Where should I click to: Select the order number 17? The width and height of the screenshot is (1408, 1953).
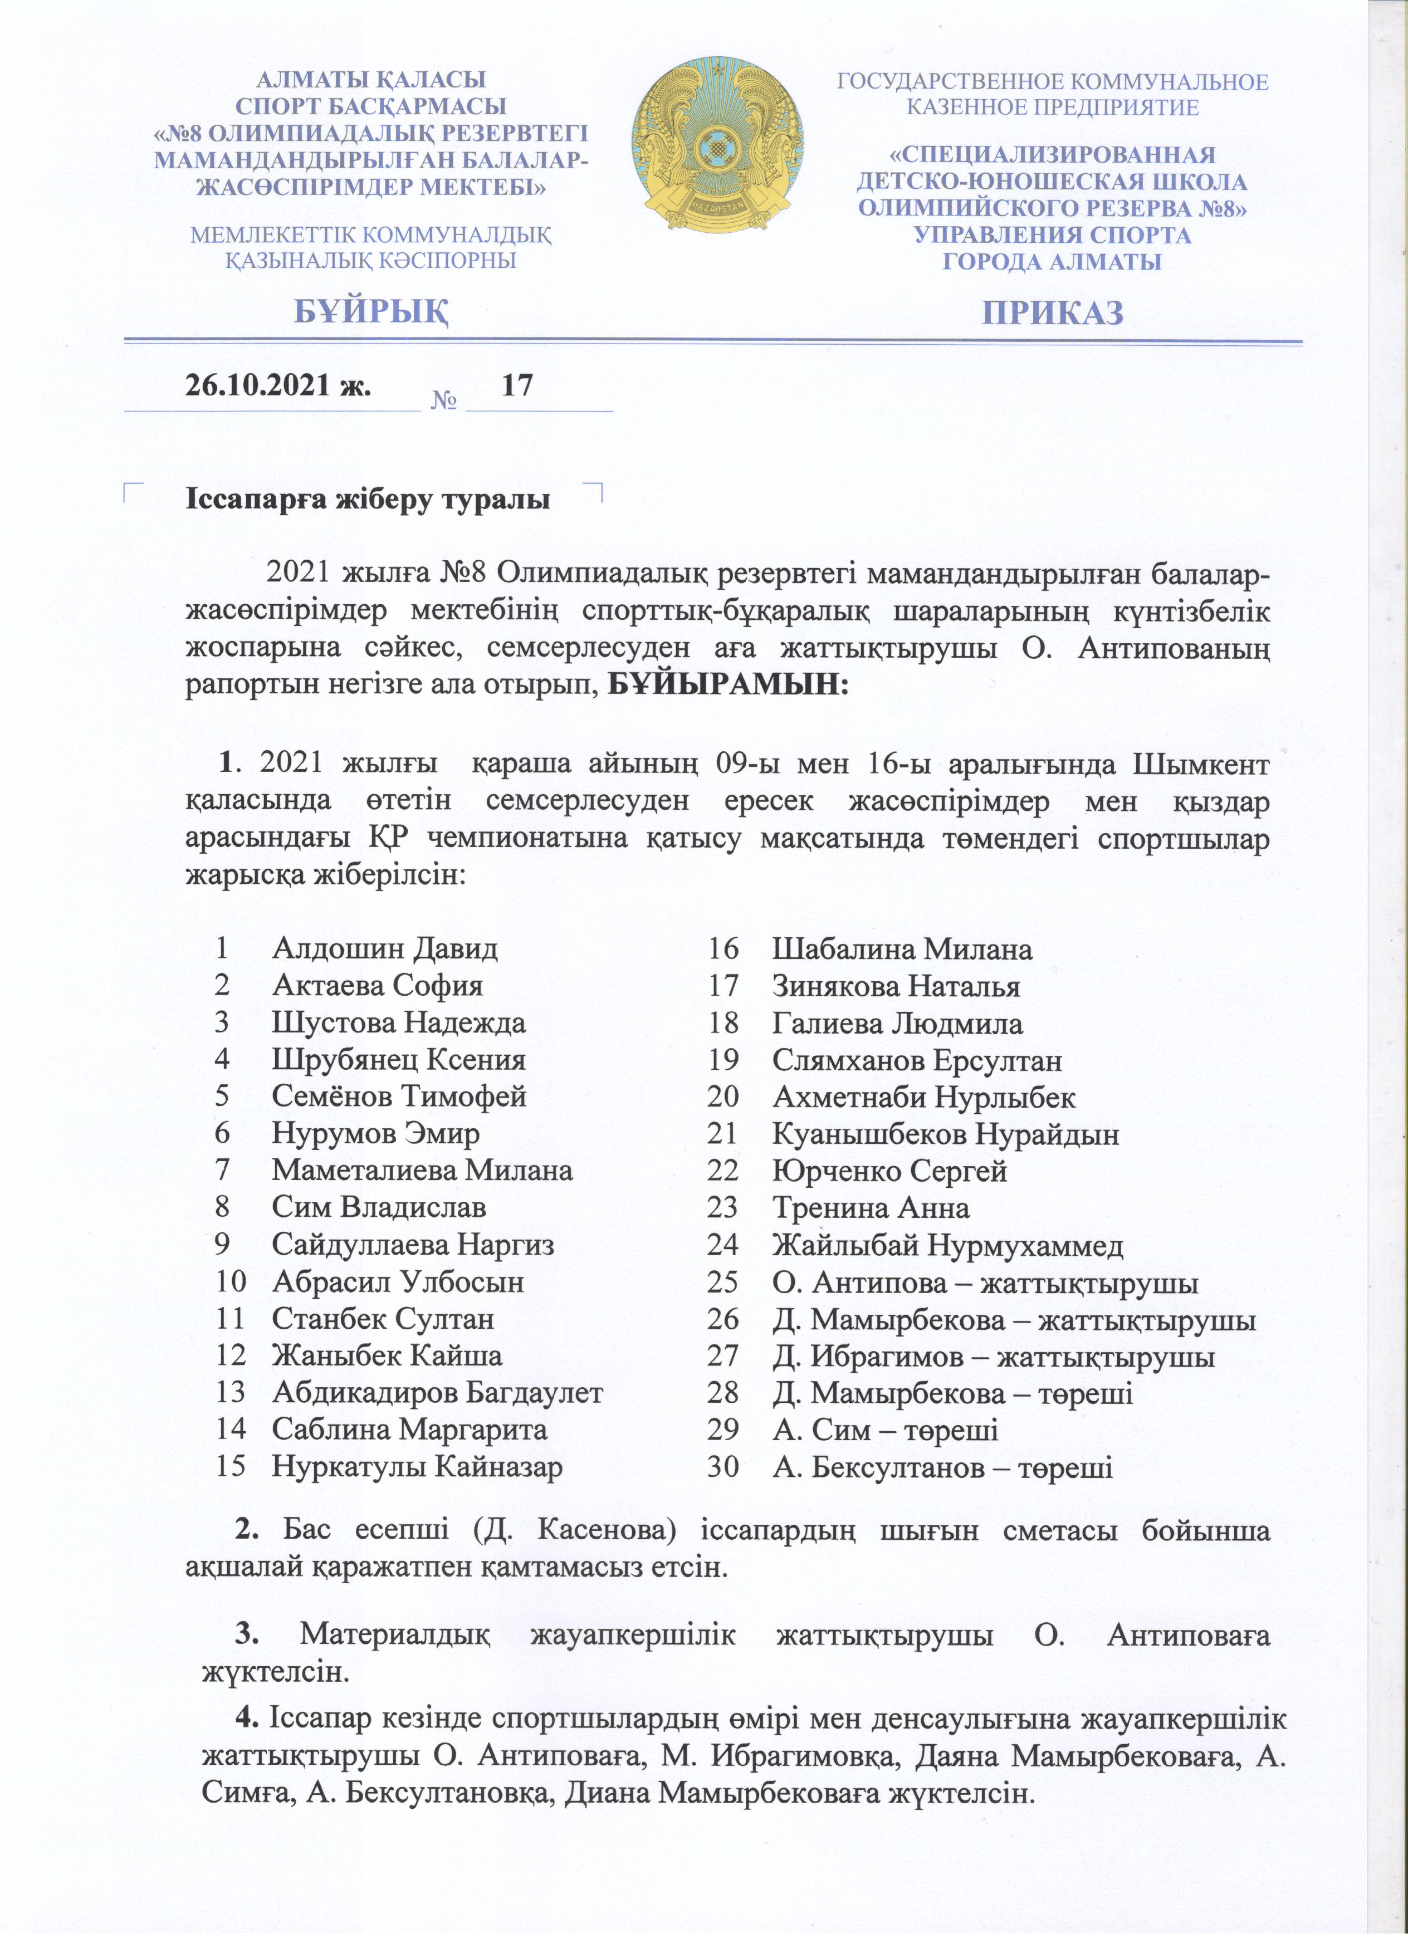click(517, 385)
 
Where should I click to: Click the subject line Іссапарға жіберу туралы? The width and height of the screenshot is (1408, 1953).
click(368, 500)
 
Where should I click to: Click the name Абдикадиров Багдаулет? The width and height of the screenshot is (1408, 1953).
click(437, 1392)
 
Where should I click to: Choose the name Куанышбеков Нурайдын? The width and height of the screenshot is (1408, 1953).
click(946, 1134)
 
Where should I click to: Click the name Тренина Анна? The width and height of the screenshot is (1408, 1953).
click(871, 1208)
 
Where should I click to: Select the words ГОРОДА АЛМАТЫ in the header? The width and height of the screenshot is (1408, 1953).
click(1052, 262)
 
